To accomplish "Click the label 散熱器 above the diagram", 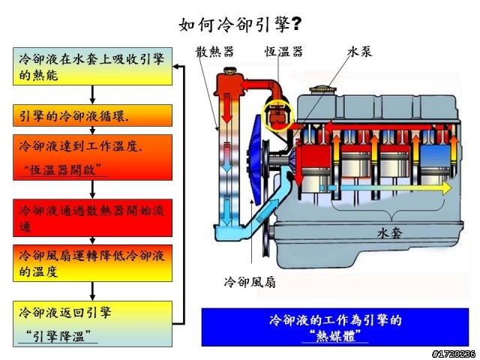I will pyautogui.click(x=215, y=51).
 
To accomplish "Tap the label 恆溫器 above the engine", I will pyautogui.click(x=283, y=51).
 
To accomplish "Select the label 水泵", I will pyautogui.click(x=359, y=51).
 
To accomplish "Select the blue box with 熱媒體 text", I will pyautogui.click(x=334, y=326).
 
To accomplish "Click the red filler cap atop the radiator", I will pyautogui.click(x=225, y=77).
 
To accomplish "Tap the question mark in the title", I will pyautogui.click(x=297, y=24).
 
